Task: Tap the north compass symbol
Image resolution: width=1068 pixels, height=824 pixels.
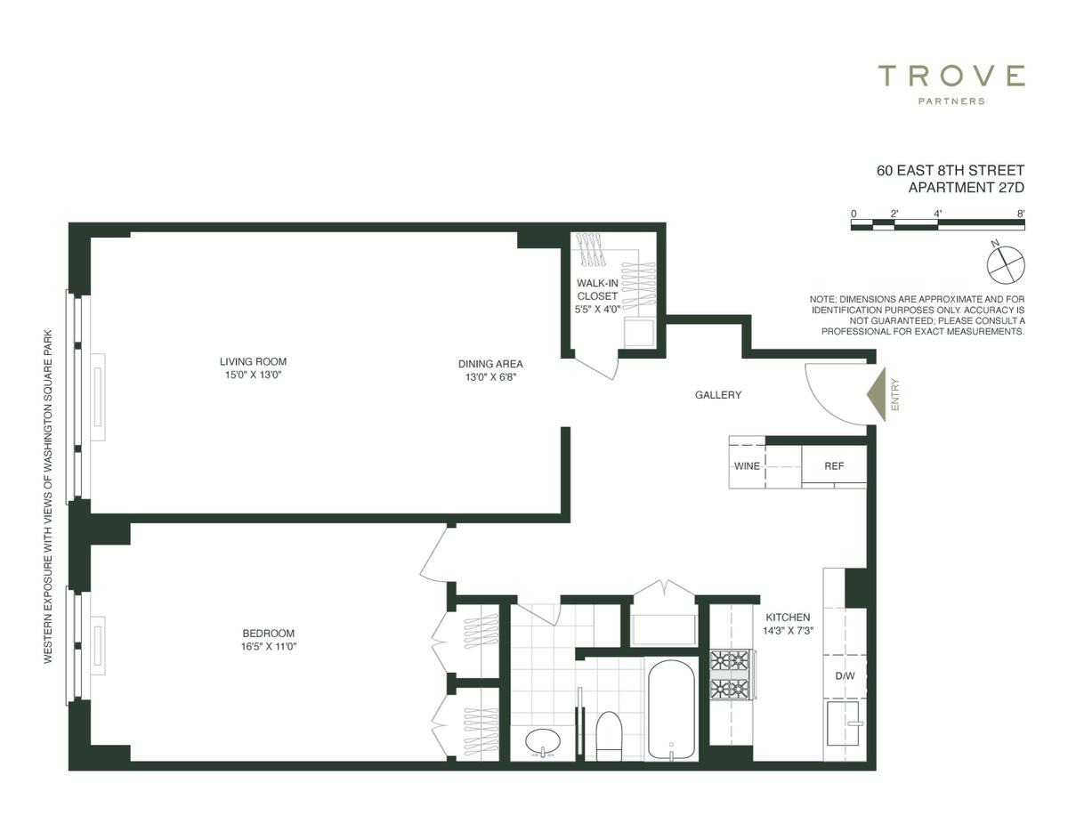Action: click(x=1006, y=264)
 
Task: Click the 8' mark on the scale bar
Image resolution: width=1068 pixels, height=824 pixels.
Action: click(x=1021, y=214)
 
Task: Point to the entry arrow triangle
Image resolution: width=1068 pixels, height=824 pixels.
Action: click(x=876, y=394)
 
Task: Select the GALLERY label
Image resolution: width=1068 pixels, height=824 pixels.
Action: click(x=717, y=394)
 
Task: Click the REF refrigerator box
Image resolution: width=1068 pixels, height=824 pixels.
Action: click(x=834, y=465)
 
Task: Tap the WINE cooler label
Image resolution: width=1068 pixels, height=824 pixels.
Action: click(x=747, y=465)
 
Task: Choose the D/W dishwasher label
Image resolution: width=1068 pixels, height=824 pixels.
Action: click(x=845, y=675)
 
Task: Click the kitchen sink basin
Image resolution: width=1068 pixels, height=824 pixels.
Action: click(x=844, y=723)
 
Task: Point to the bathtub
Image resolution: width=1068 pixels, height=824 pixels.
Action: click(x=671, y=709)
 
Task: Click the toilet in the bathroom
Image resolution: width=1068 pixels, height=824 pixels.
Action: click(x=609, y=737)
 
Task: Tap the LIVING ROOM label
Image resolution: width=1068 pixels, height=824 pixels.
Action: click(x=253, y=361)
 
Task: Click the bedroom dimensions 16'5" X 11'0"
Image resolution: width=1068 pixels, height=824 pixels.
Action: click(x=269, y=647)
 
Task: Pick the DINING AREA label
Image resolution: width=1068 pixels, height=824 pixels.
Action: click(x=490, y=364)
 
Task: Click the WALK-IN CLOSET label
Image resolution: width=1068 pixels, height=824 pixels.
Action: click(x=597, y=289)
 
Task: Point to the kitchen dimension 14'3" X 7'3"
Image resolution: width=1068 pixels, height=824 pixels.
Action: click(x=788, y=631)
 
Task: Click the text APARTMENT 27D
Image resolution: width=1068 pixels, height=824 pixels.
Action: click(x=967, y=188)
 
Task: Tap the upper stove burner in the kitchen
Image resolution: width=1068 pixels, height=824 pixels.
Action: click(x=731, y=660)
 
